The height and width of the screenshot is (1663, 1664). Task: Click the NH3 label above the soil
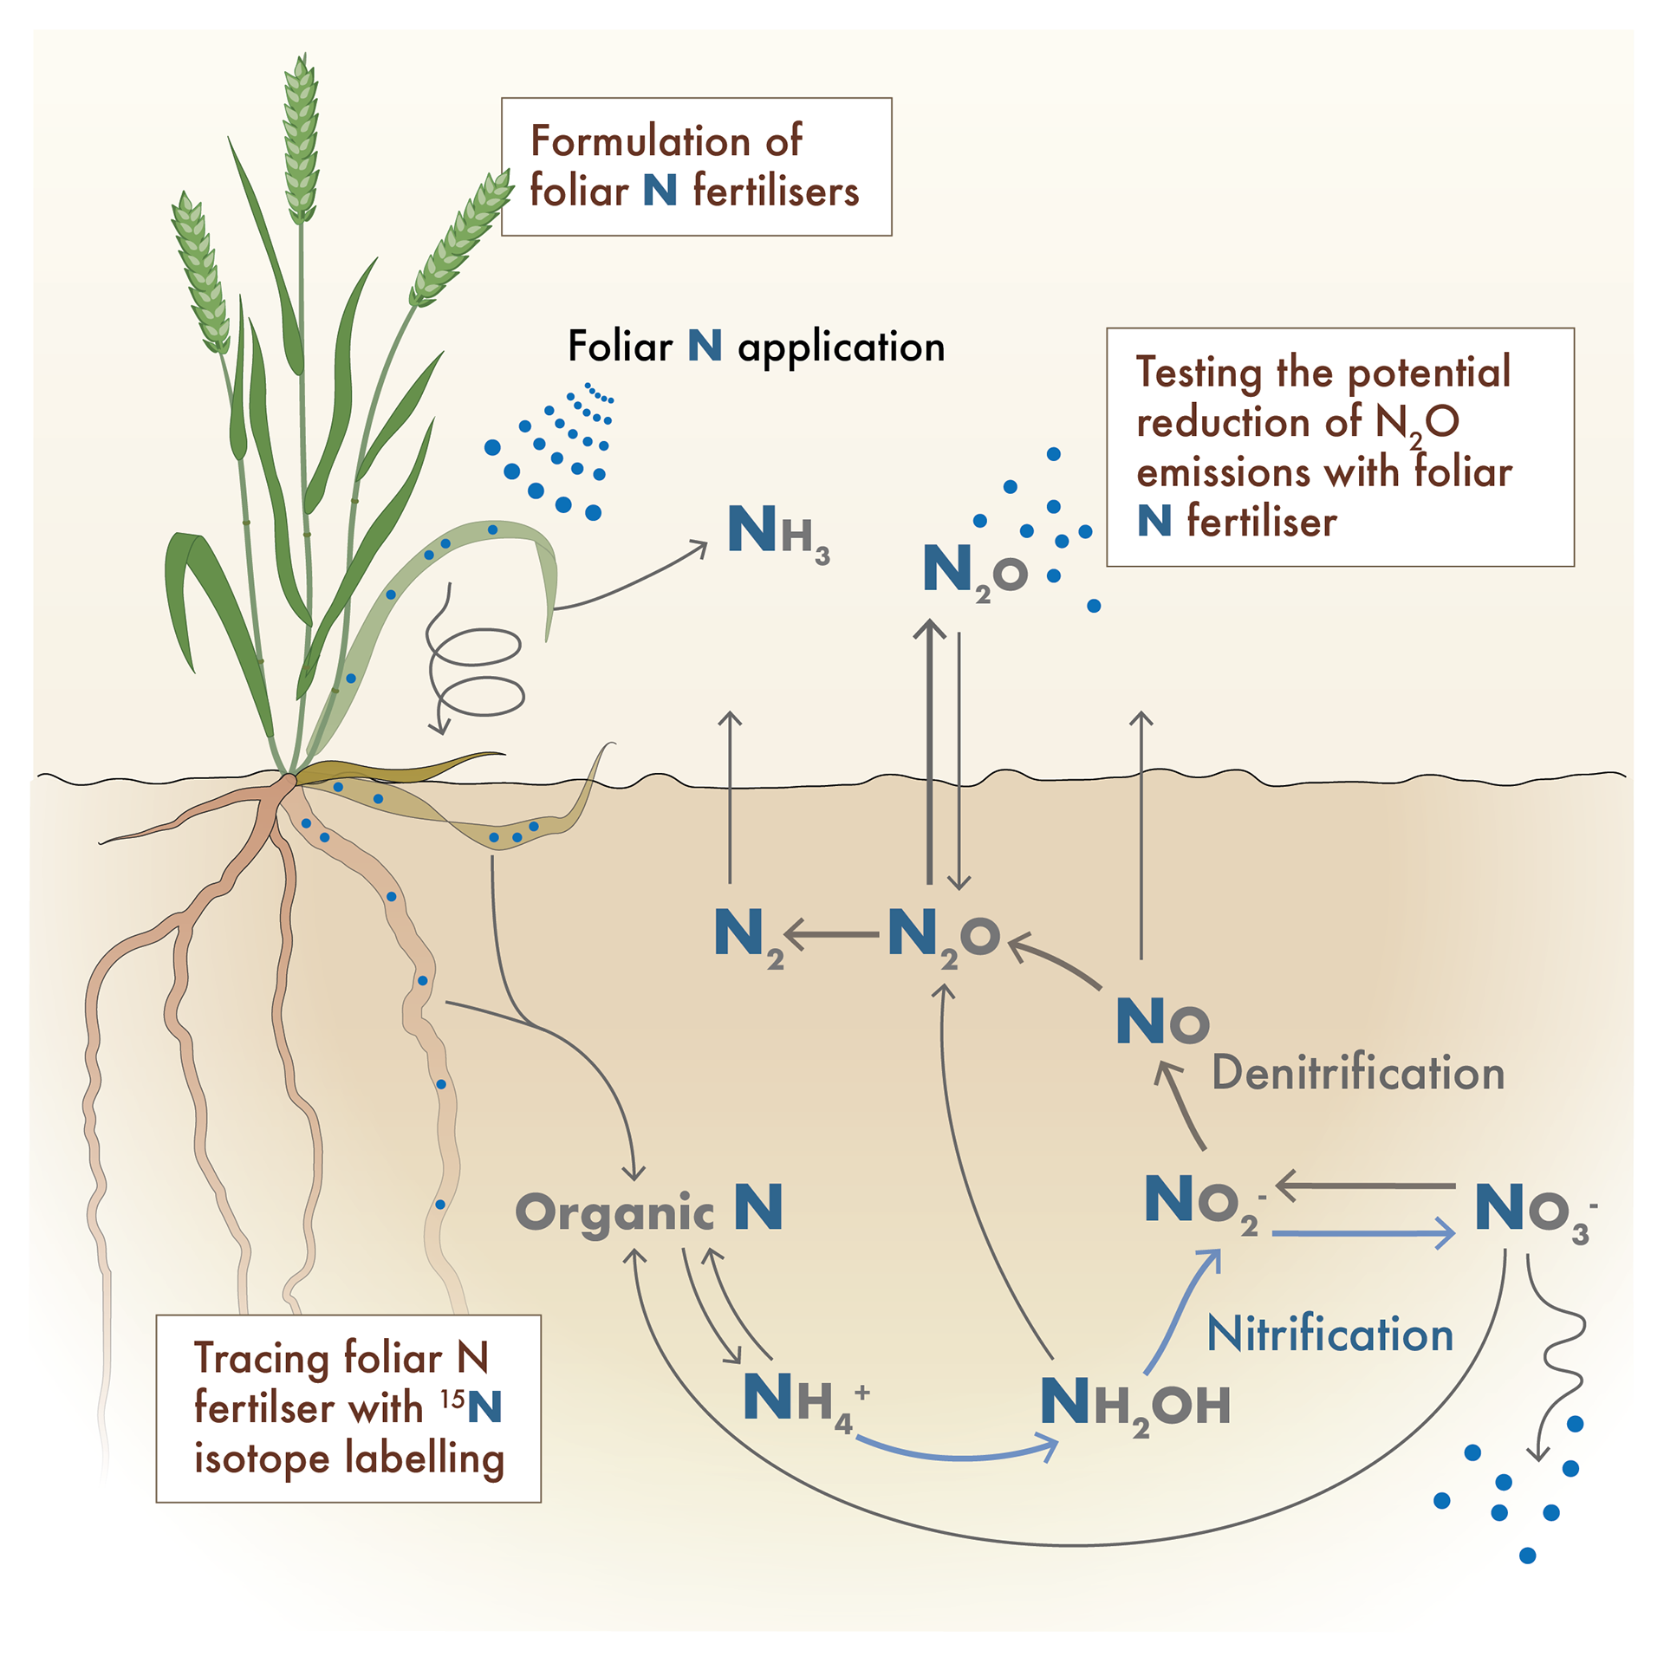(x=777, y=532)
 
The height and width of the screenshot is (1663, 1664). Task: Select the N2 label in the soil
(x=748, y=937)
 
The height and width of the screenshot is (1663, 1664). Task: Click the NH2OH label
(x=1134, y=1405)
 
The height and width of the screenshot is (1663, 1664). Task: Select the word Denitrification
(x=1357, y=1073)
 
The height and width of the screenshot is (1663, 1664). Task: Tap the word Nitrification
(x=1329, y=1334)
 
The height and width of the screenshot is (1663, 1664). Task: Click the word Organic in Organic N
(x=614, y=1212)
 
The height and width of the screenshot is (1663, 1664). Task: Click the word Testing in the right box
(x=1199, y=373)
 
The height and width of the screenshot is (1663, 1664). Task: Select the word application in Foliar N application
(x=841, y=348)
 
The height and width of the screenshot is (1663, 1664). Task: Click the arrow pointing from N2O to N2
(x=833, y=935)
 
